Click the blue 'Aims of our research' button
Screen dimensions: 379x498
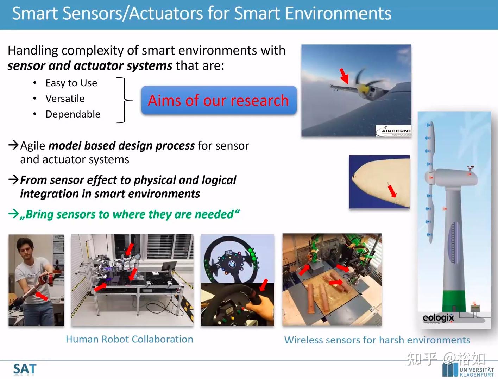[219, 101]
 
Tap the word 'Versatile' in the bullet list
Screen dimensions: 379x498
[65, 99]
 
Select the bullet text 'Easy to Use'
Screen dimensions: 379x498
[71, 83]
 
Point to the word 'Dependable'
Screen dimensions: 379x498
[73, 114]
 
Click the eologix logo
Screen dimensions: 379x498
[438, 318]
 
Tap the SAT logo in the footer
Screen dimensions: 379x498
[25, 369]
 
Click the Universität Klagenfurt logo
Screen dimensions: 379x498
[468, 371]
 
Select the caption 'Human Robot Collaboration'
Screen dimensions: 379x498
[129, 339]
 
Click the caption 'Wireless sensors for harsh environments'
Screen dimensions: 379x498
[377, 340]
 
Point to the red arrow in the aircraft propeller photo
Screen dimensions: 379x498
[344, 76]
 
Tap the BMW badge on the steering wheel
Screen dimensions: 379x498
[232, 262]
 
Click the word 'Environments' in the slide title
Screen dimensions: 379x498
[338, 14]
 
